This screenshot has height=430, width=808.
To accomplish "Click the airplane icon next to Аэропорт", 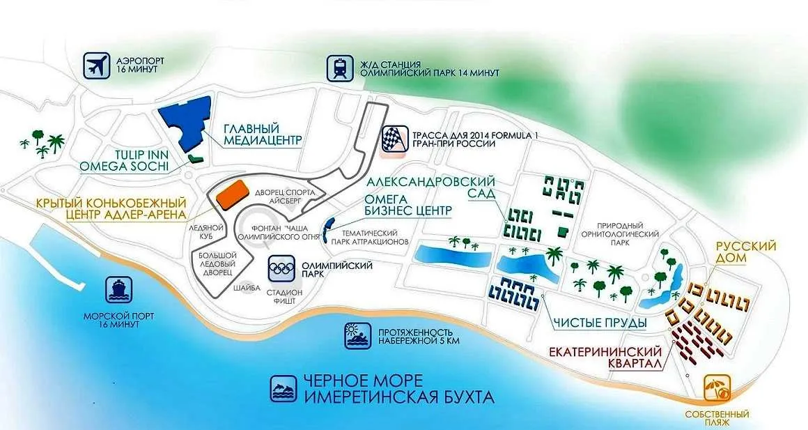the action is (97, 66).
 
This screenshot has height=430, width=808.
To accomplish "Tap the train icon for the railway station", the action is (340, 68).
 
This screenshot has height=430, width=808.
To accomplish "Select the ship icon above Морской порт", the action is (119, 290).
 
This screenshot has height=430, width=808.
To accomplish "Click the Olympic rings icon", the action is (281, 268).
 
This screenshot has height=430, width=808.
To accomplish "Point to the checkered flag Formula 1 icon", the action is (394, 139).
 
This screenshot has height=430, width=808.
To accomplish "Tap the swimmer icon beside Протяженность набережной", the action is (357, 336).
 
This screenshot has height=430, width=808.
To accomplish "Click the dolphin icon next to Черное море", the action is (284, 388).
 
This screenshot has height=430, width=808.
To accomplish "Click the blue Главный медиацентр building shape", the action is (188, 122).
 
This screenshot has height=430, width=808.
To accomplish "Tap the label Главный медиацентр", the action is (263, 134).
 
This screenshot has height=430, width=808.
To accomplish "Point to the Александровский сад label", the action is (430, 187).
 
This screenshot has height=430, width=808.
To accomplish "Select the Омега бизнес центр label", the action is (408, 205).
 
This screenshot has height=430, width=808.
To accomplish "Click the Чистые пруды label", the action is (600, 323).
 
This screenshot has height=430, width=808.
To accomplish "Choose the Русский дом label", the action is (745, 252).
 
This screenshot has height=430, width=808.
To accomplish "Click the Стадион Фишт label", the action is (284, 296).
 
